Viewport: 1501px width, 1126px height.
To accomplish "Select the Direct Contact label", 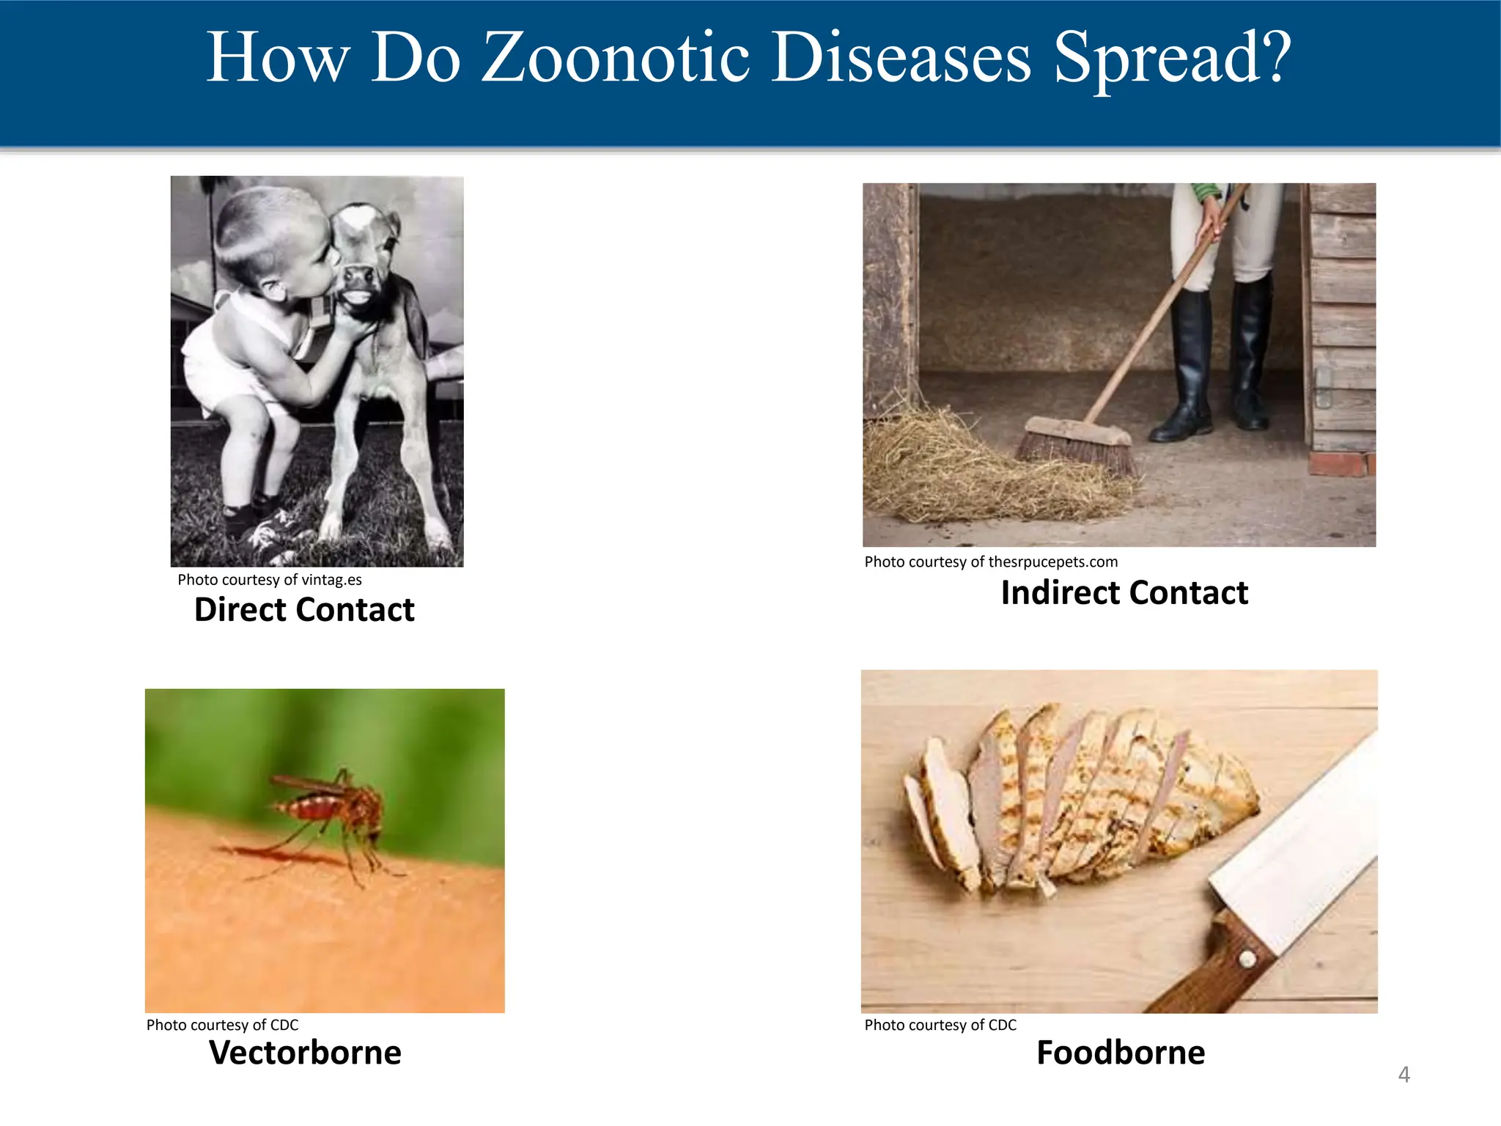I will pyautogui.click(x=304, y=610).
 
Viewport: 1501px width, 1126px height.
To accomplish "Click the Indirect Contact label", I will pyautogui.click(x=1124, y=593).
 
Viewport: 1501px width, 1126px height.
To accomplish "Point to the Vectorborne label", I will pyautogui.click(x=305, y=1053).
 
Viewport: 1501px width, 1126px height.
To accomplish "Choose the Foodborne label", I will pyautogui.click(x=1121, y=1053).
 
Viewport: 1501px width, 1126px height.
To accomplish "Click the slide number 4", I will pyautogui.click(x=1404, y=1075).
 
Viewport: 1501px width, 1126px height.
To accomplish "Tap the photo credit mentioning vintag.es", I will pyautogui.click(x=270, y=580).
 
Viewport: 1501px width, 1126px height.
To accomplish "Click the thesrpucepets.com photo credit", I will pyautogui.click(x=991, y=562).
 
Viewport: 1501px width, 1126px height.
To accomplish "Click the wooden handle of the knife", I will pyautogui.click(x=1217, y=968).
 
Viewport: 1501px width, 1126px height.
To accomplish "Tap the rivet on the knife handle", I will pyautogui.click(x=1245, y=957).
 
